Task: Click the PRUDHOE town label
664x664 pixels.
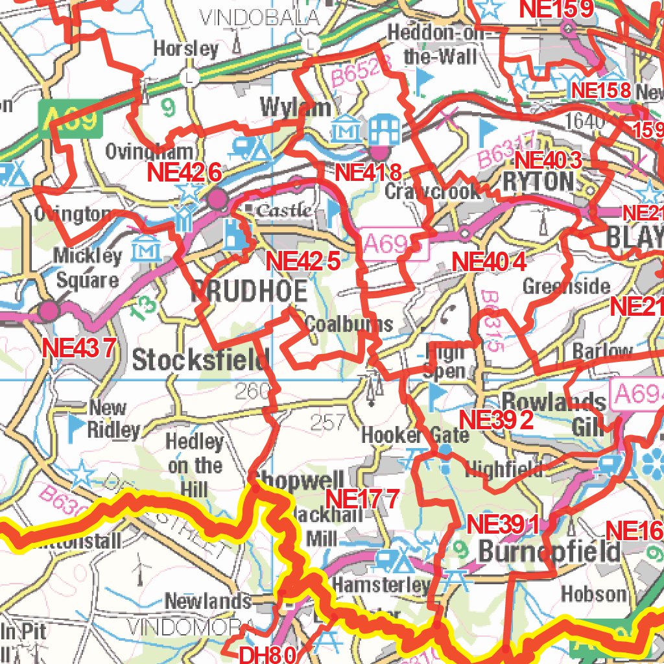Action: coord(249,292)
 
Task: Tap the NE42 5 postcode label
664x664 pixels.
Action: coord(303,261)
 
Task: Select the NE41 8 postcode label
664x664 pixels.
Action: coord(368,172)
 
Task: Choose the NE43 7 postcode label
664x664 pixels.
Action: coord(78,348)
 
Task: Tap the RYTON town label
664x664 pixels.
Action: coord(539,182)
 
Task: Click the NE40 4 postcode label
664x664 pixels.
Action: coord(488,262)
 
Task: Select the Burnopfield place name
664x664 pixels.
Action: coord(549,552)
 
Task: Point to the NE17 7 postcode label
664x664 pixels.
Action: coord(362,499)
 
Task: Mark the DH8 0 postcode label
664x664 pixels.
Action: coord(268,655)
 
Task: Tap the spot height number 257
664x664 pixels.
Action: coord(328,423)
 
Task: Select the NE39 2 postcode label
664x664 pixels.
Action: coord(496,420)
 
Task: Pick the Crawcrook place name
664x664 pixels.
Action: coord(433,191)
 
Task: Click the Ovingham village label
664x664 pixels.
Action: coord(149,152)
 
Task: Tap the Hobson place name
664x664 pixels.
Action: coord(594,593)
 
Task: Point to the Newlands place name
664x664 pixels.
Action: coord(208,601)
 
